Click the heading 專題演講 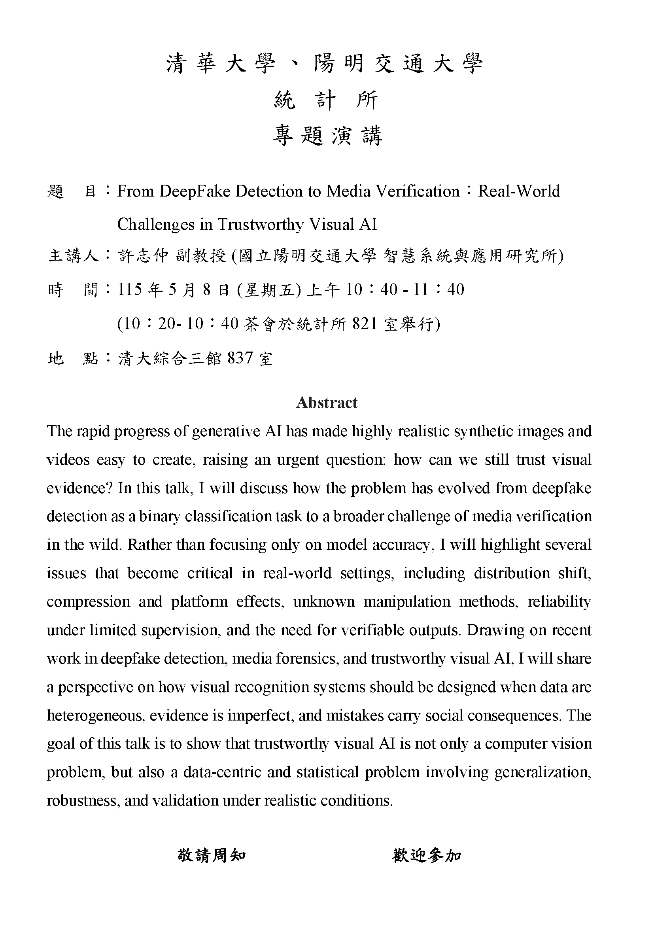pos(327,136)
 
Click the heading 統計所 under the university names pos(326,100)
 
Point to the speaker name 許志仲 pos(144,256)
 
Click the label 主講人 pos(73,256)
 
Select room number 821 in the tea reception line pos(365,323)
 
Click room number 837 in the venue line pos(240,358)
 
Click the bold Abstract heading pos(327,403)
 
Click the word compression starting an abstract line pos(88,602)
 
